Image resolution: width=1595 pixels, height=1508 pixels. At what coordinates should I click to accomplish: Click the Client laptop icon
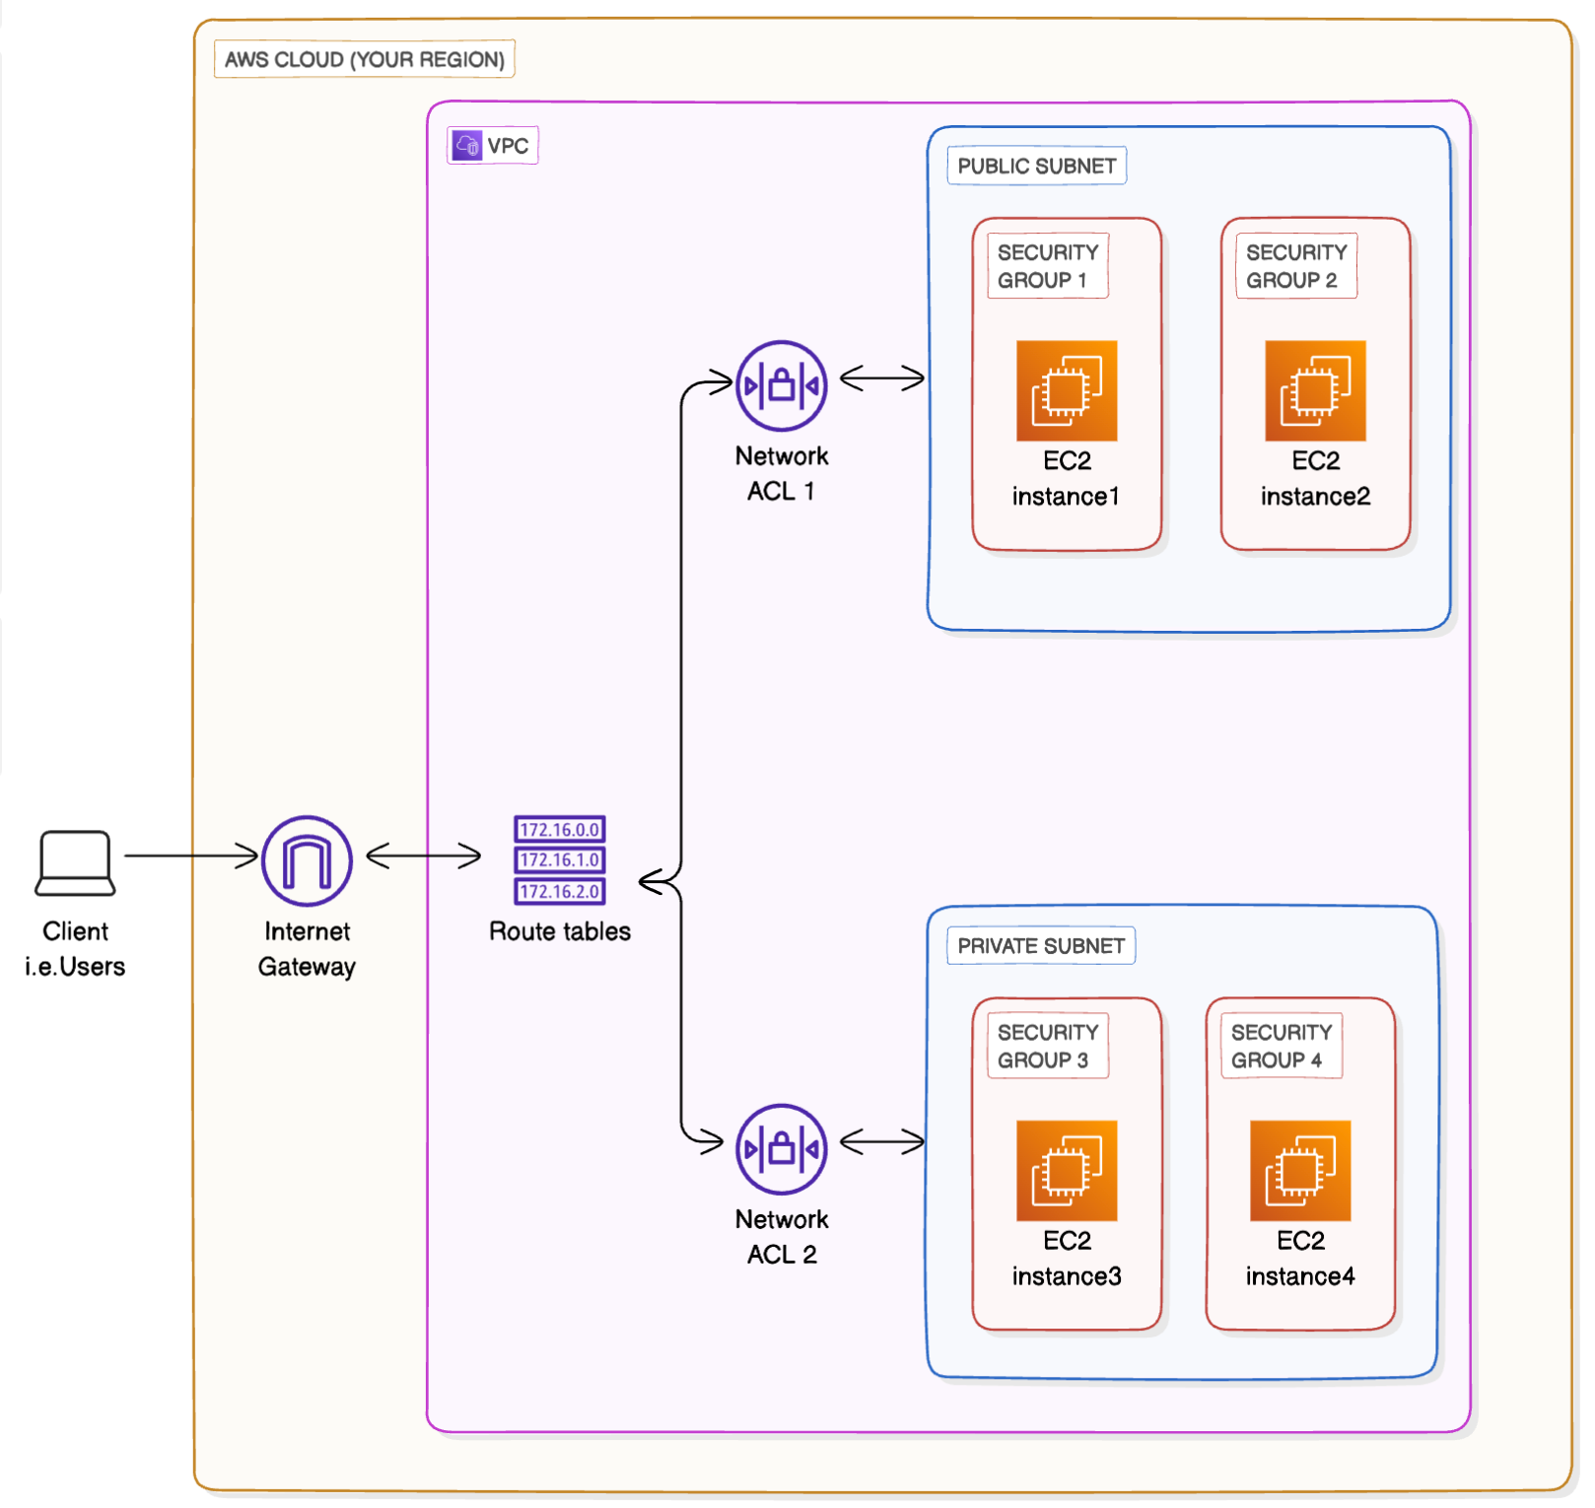click(x=75, y=862)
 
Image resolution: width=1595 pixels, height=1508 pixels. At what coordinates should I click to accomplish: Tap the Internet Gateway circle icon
click(x=307, y=860)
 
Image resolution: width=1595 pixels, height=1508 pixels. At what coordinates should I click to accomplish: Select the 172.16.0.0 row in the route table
click(x=559, y=830)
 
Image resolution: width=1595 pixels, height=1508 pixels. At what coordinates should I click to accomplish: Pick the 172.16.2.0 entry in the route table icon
click(x=559, y=891)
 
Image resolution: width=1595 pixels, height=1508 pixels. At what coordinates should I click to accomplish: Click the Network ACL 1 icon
click(x=782, y=385)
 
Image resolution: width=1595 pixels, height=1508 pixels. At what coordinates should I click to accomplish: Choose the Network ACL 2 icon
click(x=782, y=1148)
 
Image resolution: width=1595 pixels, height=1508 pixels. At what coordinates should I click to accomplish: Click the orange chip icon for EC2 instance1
click(x=1067, y=390)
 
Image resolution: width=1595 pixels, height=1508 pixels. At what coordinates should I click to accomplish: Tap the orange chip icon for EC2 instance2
click(x=1315, y=390)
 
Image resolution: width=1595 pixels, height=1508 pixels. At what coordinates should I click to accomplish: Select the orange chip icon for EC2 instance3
click(x=1067, y=1170)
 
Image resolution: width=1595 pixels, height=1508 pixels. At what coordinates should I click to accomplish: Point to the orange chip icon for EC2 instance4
click(x=1300, y=1170)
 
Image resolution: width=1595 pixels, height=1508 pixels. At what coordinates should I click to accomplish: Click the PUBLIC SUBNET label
click(x=1036, y=166)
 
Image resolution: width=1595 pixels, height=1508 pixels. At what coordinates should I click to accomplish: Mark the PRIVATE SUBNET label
click(x=1041, y=945)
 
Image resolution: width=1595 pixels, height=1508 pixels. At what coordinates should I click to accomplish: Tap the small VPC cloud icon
click(x=467, y=146)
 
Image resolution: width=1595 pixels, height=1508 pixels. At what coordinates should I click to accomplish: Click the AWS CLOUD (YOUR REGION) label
click(x=364, y=59)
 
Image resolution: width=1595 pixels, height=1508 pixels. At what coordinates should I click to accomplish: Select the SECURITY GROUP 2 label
click(x=1295, y=266)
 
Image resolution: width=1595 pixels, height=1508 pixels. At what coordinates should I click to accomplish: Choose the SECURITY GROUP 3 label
click(x=1047, y=1046)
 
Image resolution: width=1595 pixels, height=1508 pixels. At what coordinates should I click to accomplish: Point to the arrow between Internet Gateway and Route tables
click(x=424, y=856)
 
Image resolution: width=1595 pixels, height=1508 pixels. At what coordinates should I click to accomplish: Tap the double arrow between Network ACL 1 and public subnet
click(x=882, y=377)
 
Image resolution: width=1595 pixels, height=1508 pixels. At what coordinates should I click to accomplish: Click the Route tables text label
click(x=560, y=931)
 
